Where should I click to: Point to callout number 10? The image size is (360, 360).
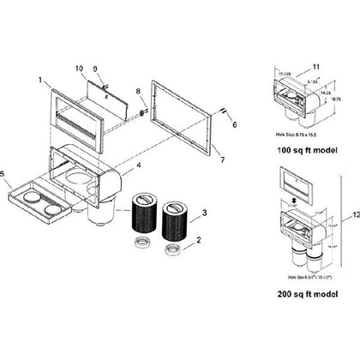point(79,67)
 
